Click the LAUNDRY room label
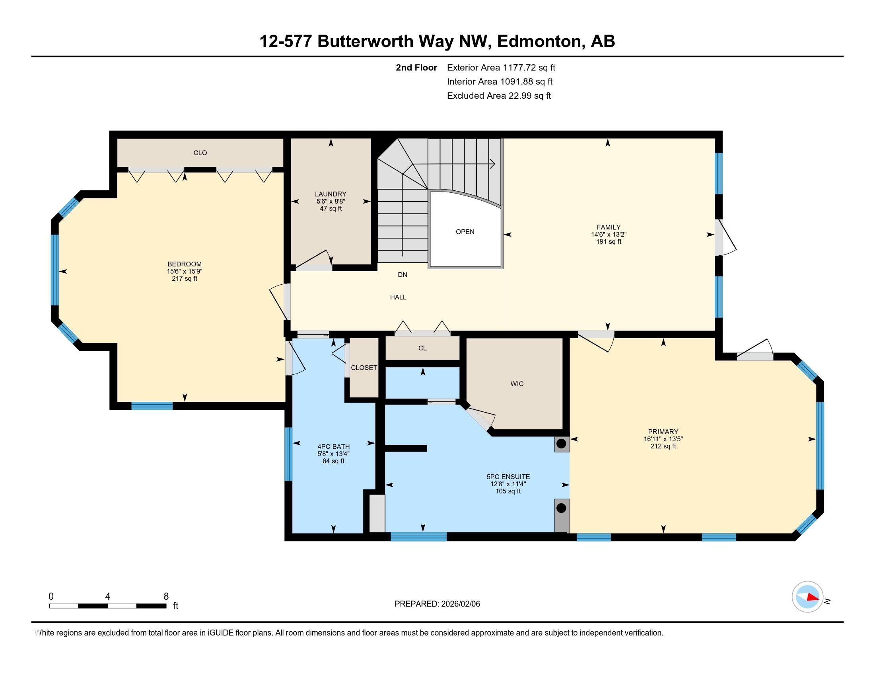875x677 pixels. pyautogui.click(x=330, y=194)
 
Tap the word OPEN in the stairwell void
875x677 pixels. pyautogui.click(x=465, y=232)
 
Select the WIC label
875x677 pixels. pyautogui.click(x=517, y=384)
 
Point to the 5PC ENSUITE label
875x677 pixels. pyautogui.click(x=508, y=477)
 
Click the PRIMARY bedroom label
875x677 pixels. pyautogui.click(x=663, y=432)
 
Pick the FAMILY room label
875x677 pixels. pyautogui.click(x=608, y=227)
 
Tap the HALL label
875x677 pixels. pyautogui.click(x=398, y=297)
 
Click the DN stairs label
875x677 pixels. pyautogui.click(x=402, y=275)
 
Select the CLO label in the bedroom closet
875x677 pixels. pyautogui.click(x=200, y=153)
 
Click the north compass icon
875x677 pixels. pyautogui.click(x=807, y=597)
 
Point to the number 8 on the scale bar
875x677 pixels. pyautogui.click(x=166, y=597)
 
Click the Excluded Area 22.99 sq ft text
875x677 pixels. pyautogui.click(x=499, y=96)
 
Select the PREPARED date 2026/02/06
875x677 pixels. pyautogui.click(x=459, y=604)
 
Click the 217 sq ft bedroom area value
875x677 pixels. pyautogui.click(x=184, y=279)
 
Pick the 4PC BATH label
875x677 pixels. pyautogui.click(x=333, y=447)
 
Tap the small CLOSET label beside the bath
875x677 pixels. pyautogui.click(x=364, y=368)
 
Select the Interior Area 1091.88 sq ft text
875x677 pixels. pyautogui.click(x=500, y=82)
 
